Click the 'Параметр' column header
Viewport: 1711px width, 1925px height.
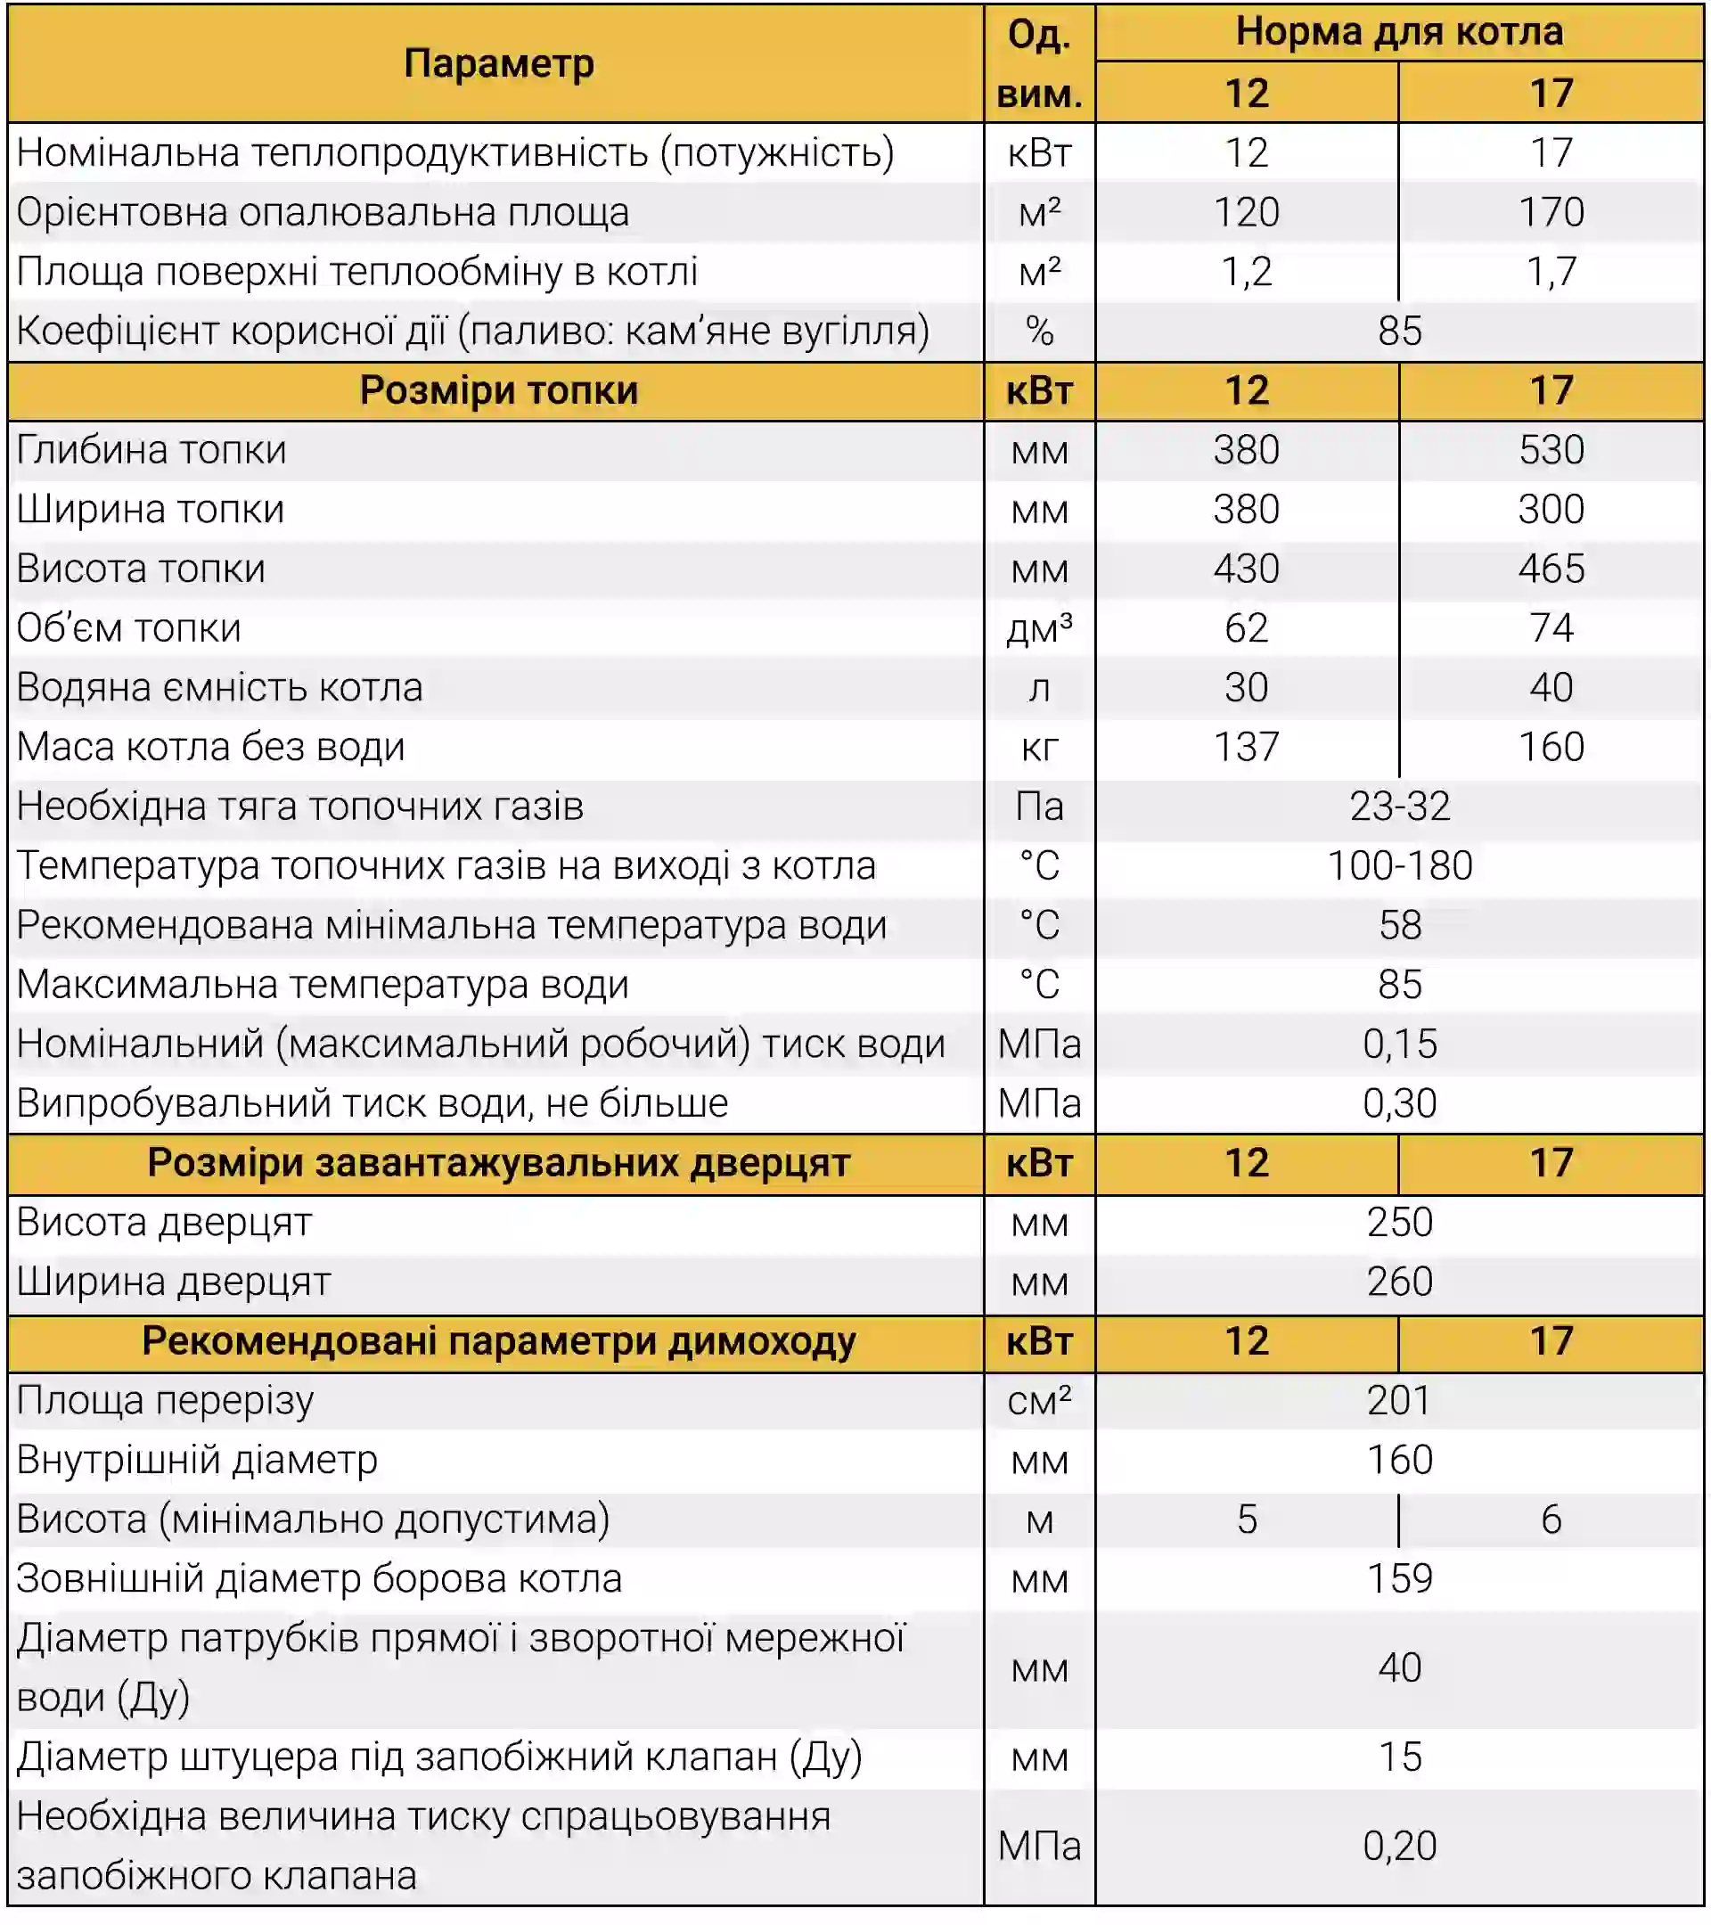pyautogui.click(x=498, y=64)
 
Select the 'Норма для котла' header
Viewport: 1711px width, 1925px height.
pyautogui.click(x=1398, y=32)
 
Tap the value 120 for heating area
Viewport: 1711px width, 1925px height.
pyautogui.click(x=1246, y=212)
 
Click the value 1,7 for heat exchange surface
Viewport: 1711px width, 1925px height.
pyautogui.click(x=1550, y=271)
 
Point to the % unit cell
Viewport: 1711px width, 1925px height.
pyautogui.click(x=1039, y=331)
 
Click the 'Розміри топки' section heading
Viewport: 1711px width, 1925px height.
pyautogui.click(x=498, y=389)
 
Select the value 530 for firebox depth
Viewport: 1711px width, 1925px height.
pyautogui.click(x=1550, y=449)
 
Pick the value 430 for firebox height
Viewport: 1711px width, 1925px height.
pyautogui.click(x=1246, y=568)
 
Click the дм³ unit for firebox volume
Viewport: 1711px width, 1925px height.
pyautogui.click(x=1039, y=628)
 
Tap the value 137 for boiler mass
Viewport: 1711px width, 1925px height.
pyautogui.click(x=1246, y=747)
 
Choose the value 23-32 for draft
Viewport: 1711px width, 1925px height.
pyautogui.click(x=1399, y=807)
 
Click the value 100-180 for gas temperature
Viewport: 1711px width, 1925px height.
pyautogui.click(x=1399, y=865)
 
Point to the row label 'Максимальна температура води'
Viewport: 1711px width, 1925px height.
pyautogui.click(x=322, y=984)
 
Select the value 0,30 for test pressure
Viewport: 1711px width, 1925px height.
pyautogui.click(x=1399, y=1102)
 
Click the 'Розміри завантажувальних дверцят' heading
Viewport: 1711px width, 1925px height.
pyautogui.click(x=498, y=1162)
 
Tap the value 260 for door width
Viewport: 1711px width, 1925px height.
pyautogui.click(x=1399, y=1281)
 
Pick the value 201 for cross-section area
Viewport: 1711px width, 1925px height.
pyautogui.click(x=1399, y=1400)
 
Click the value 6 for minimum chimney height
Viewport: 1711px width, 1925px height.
pyautogui.click(x=1550, y=1520)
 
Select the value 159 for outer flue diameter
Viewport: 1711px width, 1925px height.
pyautogui.click(x=1399, y=1578)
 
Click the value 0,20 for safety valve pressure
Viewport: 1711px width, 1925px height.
pyautogui.click(x=1399, y=1845)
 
